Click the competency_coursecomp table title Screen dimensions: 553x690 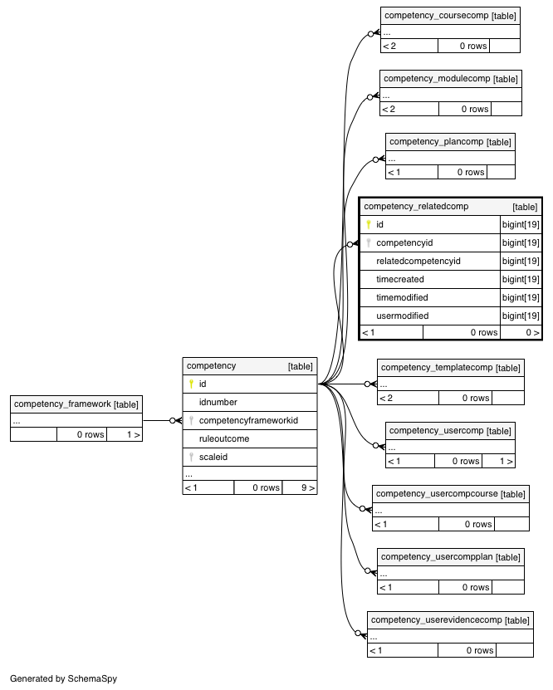point(437,16)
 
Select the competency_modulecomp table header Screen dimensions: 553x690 point(437,79)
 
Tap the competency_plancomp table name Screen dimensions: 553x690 point(437,142)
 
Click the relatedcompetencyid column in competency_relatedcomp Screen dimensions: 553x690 point(418,261)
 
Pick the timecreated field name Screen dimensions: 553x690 point(400,279)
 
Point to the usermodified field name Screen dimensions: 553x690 point(402,316)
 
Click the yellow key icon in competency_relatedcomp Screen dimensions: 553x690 point(369,224)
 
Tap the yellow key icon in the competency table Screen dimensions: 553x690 point(191,384)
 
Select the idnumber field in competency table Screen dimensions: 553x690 point(218,402)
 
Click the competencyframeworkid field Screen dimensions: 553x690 point(248,420)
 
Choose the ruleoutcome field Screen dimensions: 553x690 point(224,438)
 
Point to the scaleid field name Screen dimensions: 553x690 point(213,457)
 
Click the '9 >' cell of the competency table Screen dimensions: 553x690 point(300,487)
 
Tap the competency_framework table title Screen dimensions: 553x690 point(62,404)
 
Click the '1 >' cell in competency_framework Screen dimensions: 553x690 point(125,434)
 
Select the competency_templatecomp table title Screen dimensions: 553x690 point(437,368)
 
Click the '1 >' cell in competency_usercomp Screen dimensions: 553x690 point(498,461)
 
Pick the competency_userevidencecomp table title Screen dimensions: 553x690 point(437,620)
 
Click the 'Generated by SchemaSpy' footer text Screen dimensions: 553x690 point(63,678)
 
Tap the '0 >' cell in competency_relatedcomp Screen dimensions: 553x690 point(521,332)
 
